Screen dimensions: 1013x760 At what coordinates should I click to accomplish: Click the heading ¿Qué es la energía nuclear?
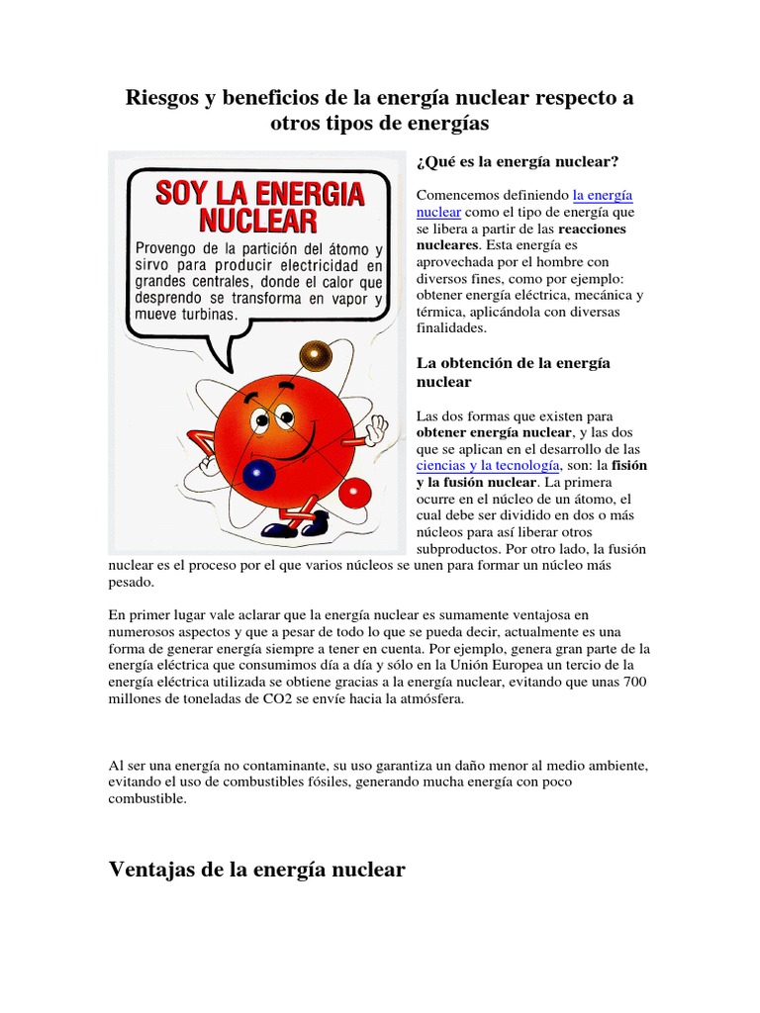[519, 161]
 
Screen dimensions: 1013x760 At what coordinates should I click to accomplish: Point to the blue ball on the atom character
[258, 475]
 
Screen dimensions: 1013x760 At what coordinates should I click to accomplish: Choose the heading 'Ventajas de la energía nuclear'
[256, 870]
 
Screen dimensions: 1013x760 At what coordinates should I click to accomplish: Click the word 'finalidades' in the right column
[451, 326]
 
